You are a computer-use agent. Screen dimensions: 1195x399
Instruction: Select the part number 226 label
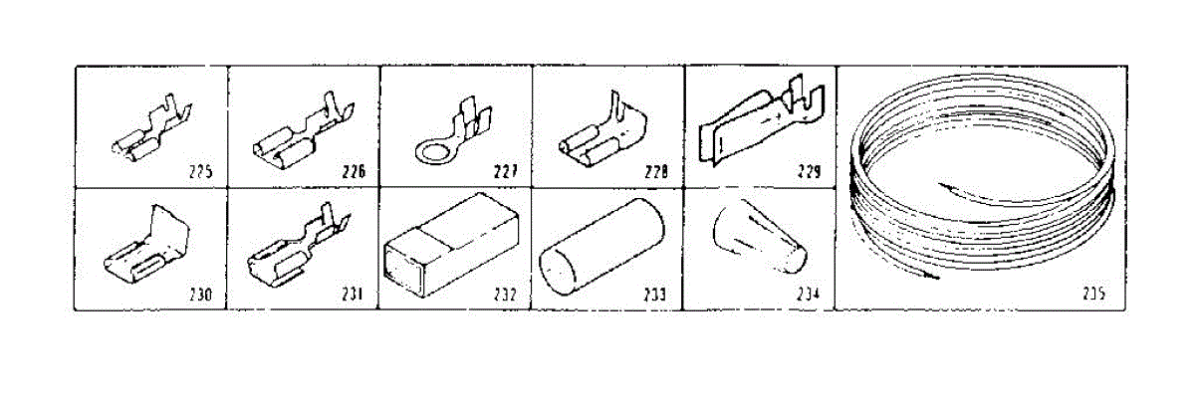tap(353, 171)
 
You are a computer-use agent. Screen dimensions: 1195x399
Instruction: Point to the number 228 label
tap(655, 171)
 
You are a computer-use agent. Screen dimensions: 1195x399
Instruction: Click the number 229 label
tap(809, 171)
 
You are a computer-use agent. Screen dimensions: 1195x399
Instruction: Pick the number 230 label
tap(200, 295)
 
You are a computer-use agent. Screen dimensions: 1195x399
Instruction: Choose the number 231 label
tap(353, 295)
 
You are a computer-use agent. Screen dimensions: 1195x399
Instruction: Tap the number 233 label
tap(655, 295)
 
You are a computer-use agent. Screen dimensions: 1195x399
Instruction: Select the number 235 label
tap(1094, 295)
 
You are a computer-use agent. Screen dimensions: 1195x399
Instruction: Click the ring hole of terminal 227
tap(430, 152)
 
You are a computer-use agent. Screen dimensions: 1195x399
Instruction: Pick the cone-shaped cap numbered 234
tap(757, 243)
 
